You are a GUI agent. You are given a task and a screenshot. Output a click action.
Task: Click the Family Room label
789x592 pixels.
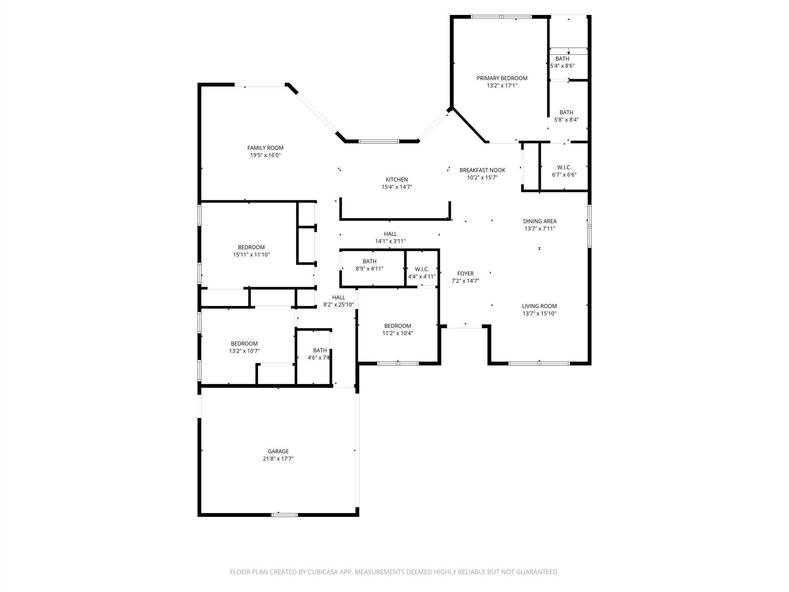[x=265, y=148]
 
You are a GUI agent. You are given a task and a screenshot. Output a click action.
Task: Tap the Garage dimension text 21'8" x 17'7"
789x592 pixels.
[x=278, y=459]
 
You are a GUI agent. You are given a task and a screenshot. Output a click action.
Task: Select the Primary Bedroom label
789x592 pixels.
[x=502, y=78]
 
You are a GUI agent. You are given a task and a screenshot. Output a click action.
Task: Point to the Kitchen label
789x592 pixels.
[x=396, y=180]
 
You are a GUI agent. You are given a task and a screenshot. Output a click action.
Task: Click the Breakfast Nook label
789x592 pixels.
[x=482, y=170]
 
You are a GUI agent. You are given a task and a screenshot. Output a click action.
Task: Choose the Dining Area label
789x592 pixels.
[x=539, y=221]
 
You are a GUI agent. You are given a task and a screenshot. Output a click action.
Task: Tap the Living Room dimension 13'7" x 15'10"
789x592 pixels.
[x=539, y=313]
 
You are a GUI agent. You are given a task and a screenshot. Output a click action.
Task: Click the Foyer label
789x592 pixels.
[x=465, y=274]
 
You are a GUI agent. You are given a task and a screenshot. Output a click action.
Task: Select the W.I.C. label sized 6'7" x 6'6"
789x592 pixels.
[x=564, y=167]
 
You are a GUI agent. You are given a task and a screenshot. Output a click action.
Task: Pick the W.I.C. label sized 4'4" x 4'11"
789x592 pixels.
[x=422, y=269]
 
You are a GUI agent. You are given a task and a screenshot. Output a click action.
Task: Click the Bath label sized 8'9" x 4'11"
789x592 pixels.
[x=369, y=261]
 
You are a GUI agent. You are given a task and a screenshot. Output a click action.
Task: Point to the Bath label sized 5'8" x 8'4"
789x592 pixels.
[x=566, y=113]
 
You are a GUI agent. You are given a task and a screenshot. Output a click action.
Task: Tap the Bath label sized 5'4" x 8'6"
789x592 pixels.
[x=562, y=59]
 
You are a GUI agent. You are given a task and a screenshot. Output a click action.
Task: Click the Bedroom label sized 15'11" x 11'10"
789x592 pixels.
[x=251, y=247]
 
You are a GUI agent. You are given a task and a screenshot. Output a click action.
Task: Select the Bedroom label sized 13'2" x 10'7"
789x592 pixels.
[x=244, y=344]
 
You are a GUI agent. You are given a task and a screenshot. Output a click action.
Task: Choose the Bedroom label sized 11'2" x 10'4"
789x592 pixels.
[x=397, y=326]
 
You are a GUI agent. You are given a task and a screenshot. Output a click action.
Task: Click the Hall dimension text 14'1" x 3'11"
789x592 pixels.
[x=390, y=241]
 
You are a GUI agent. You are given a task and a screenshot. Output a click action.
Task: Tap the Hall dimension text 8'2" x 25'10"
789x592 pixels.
[x=338, y=304]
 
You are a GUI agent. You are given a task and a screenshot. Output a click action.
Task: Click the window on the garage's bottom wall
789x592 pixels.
[x=284, y=515]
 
